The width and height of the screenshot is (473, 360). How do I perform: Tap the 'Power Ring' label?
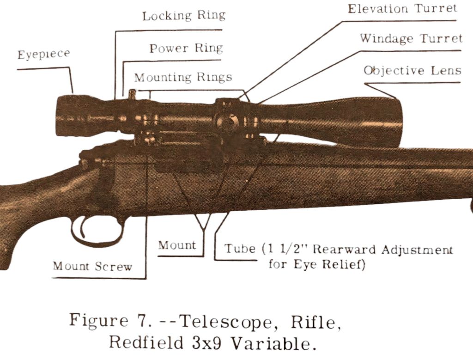[186, 48]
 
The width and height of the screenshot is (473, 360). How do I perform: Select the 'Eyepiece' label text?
[44, 54]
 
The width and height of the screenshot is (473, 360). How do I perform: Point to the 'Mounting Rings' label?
[183, 77]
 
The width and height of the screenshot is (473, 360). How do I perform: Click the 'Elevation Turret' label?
[402, 9]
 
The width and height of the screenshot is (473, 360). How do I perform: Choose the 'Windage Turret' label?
[411, 38]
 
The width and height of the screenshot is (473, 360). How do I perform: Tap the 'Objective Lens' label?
[412, 70]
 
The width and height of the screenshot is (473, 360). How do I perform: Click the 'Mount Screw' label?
[92, 266]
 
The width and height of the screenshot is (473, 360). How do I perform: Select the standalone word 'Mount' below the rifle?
[177, 245]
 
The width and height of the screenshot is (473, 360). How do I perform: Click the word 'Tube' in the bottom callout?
[240, 249]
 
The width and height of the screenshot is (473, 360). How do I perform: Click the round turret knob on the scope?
[226, 121]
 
